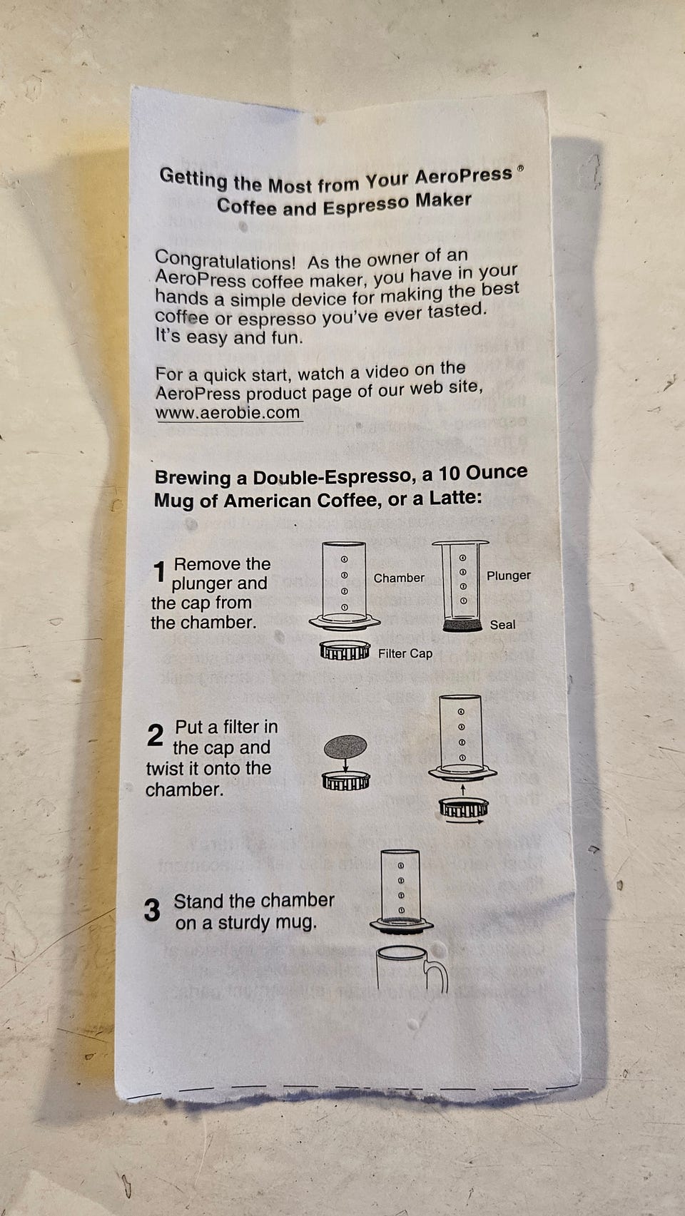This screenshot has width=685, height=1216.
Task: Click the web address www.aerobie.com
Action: [x=228, y=412]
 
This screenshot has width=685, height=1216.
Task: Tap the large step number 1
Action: [x=159, y=572]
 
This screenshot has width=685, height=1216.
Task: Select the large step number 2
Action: [x=156, y=735]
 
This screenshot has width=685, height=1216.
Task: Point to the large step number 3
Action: [x=152, y=910]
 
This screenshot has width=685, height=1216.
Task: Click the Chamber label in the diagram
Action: [x=399, y=578]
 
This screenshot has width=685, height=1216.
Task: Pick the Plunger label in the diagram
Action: [x=509, y=576]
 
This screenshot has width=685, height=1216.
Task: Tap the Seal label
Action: [x=502, y=625]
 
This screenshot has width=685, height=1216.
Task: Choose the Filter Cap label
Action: [x=405, y=653]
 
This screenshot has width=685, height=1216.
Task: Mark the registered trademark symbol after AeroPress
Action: [x=520, y=168]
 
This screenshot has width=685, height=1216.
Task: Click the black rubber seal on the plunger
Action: [x=463, y=625]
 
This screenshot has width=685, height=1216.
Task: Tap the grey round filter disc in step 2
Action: [x=345, y=747]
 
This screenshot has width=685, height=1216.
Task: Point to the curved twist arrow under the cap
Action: [x=465, y=822]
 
